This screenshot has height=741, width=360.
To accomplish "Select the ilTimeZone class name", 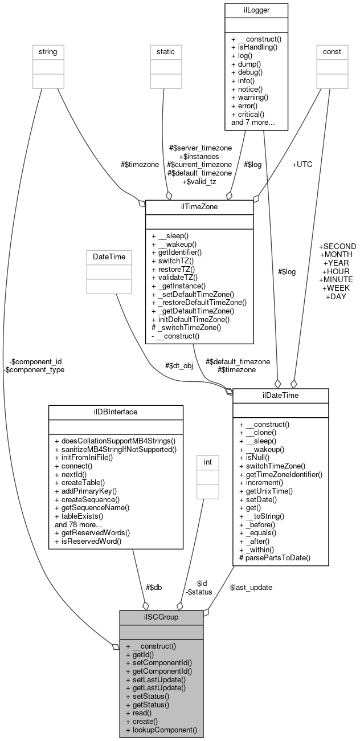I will pos(199,207).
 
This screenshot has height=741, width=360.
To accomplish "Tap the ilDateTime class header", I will pos(280,396).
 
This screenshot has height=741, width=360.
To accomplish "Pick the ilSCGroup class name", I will pos(161,618).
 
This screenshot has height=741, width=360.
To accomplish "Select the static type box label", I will pos(166,52).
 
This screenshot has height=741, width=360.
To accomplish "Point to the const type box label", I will pos(332,52).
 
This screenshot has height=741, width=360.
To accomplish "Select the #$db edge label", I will pos(154,588).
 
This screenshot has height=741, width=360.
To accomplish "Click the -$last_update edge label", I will pos(250,588).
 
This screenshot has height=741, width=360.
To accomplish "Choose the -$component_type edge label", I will pos(34,369).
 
